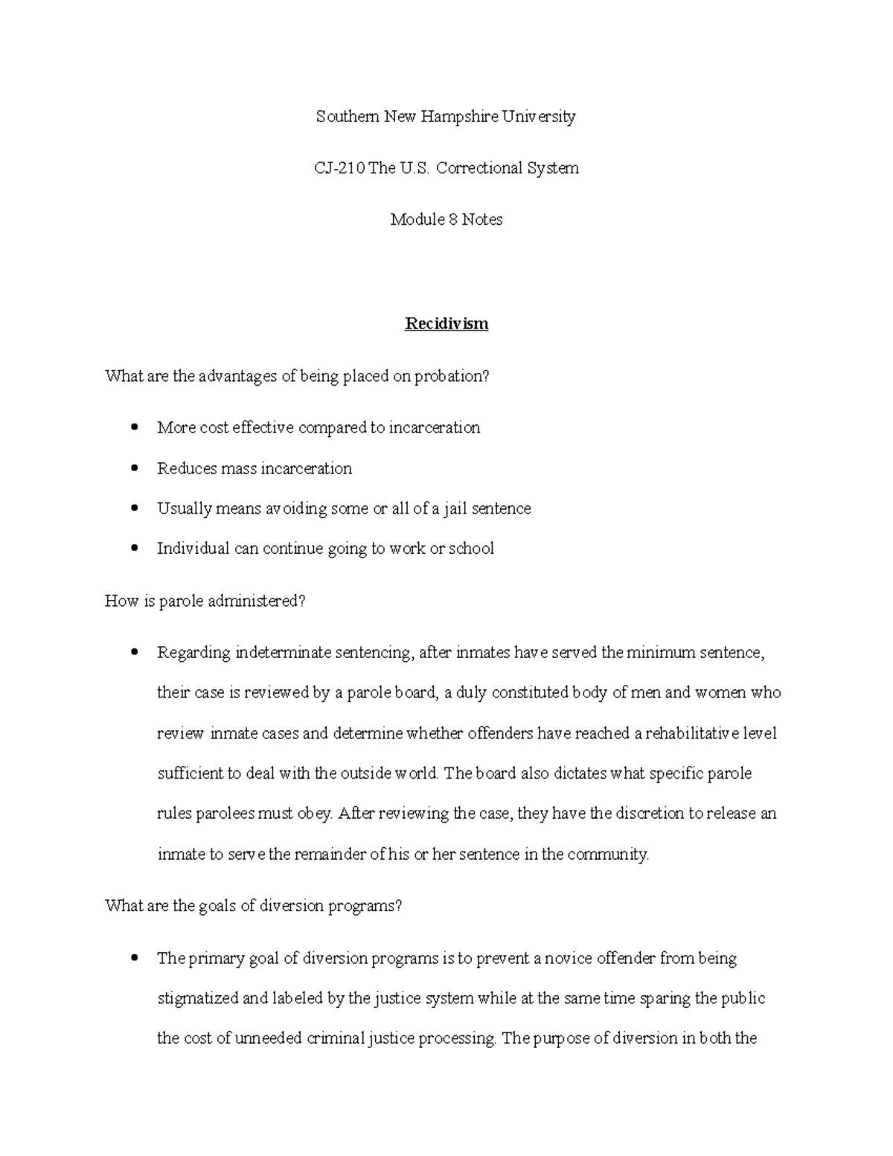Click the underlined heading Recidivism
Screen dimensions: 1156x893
click(446, 324)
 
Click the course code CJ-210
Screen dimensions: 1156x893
click(339, 168)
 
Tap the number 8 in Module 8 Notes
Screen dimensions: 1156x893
click(452, 220)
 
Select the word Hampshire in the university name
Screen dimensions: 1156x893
click(459, 117)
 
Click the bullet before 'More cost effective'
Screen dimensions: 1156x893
click(134, 427)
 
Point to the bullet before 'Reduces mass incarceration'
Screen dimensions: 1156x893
click(134, 468)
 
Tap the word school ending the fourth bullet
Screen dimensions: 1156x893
click(471, 549)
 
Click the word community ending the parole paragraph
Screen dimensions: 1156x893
click(607, 855)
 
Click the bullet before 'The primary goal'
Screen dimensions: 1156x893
click(134, 958)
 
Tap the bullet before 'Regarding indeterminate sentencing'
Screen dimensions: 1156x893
click(134, 653)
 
